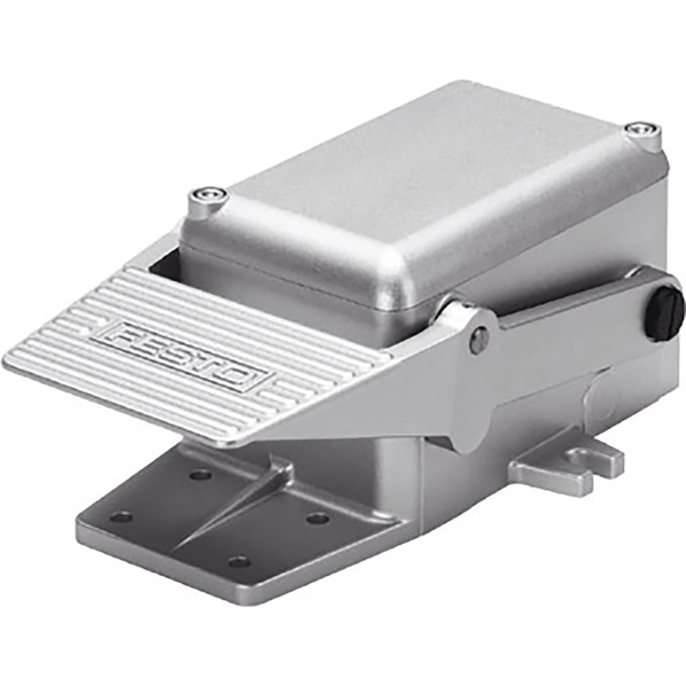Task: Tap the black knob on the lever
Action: click(663, 313)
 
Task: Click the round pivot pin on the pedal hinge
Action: click(479, 339)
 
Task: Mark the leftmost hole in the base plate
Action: click(122, 515)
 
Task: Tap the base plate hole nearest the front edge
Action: click(239, 562)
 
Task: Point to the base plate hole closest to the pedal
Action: click(200, 475)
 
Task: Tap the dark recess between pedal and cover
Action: click(167, 261)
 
